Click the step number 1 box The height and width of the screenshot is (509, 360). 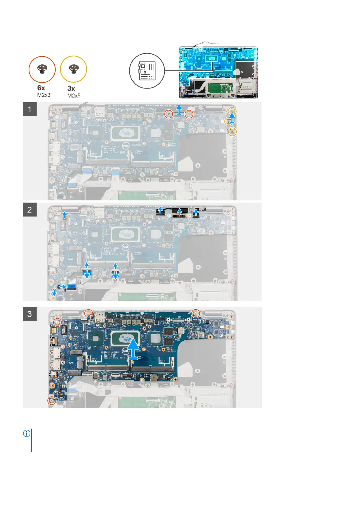pyautogui.click(x=30, y=109)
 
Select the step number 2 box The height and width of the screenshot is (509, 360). pyautogui.click(x=30, y=209)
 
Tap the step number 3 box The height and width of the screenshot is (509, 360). pyautogui.click(x=30, y=314)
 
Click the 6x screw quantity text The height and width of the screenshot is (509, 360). pyautogui.click(x=41, y=88)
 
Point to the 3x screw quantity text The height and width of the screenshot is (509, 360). pyautogui.click(x=71, y=89)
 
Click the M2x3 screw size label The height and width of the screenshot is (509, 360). pyautogui.click(x=44, y=95)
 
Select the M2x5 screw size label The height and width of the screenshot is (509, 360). pyautogui.click(x=74, y=96)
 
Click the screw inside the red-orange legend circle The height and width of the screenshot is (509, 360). pyautogui.click(x=42, y=69)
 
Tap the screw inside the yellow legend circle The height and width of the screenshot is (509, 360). pyautogui.click(x=73, y=69)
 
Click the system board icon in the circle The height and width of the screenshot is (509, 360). pyautogui.click(x=147, y=71)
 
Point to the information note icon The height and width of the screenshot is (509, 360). pyautogui.click(x=27, y=433)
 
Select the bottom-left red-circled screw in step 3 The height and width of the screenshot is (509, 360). pyautogui.click(x=52, y=401)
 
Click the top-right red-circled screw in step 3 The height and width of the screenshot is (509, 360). pyautogui.click(x=196, y=314)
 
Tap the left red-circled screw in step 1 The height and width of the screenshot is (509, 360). pyautogui.click(x=169, y=114)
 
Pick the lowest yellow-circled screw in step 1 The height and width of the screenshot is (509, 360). pyautogui.click(x=232, y=131)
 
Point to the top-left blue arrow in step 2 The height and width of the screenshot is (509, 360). pyautogui.click(x=64, y=215)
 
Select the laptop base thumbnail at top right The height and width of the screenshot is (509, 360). pyautogui.click(x=218, y=72)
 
